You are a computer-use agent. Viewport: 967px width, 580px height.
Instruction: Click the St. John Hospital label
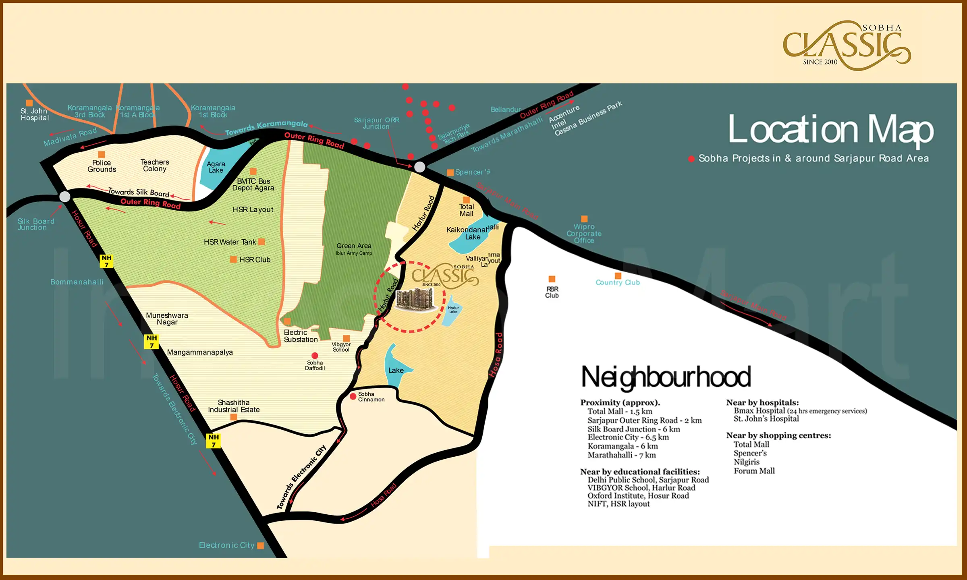click(35, 114)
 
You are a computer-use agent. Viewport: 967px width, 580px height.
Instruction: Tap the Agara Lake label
click(216, 167)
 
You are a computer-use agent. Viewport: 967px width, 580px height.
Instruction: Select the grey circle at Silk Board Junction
click(65, 197)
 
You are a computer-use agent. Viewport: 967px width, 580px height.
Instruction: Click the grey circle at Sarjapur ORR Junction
click(419, 167)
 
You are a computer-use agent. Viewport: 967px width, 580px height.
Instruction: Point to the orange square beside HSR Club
click(233, 259)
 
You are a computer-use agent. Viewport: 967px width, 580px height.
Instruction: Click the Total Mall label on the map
click(466, 210)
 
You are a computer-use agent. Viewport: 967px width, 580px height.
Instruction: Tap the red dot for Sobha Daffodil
click(315, 356)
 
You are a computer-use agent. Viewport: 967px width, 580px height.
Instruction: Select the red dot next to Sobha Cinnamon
click(353, 397)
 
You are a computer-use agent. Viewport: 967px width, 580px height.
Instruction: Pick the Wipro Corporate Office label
click(584, 234)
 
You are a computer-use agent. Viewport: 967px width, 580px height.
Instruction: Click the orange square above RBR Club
click(552, 279)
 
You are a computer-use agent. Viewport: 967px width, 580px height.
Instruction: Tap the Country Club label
click(617, 283)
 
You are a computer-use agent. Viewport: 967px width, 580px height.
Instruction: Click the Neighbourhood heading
click(666, 377)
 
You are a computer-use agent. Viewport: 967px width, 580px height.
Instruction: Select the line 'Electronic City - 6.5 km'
click(628, 437)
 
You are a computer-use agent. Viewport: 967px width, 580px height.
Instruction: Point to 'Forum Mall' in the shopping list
click(754, 471)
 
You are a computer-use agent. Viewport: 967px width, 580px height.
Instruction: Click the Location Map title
click(831, 129)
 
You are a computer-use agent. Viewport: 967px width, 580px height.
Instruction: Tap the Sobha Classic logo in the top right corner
click(846, 45)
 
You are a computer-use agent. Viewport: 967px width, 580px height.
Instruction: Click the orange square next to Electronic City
click(261, 545)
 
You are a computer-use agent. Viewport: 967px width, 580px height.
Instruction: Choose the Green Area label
click(354, 246)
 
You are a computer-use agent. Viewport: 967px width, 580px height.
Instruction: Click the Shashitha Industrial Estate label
click(234, 406)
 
